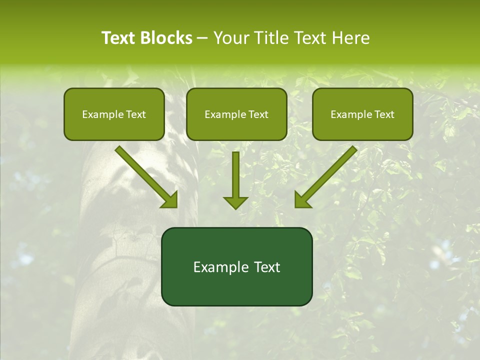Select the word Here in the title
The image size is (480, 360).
[350, 38]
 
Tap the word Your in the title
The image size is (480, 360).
[229, 38]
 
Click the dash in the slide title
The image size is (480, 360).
[202, 38]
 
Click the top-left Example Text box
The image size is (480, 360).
[114, 114]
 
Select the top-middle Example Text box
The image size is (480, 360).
[236, 114]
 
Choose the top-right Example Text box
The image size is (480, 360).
[362, 114]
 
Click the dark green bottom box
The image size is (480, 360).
[236, 266]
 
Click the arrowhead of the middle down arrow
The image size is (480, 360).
[235, 202]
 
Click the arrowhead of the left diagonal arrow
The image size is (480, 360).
[170, 200]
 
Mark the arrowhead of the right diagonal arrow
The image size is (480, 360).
[302, 200]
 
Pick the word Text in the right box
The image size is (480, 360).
[384, 114]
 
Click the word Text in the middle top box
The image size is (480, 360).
[258, 114]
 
